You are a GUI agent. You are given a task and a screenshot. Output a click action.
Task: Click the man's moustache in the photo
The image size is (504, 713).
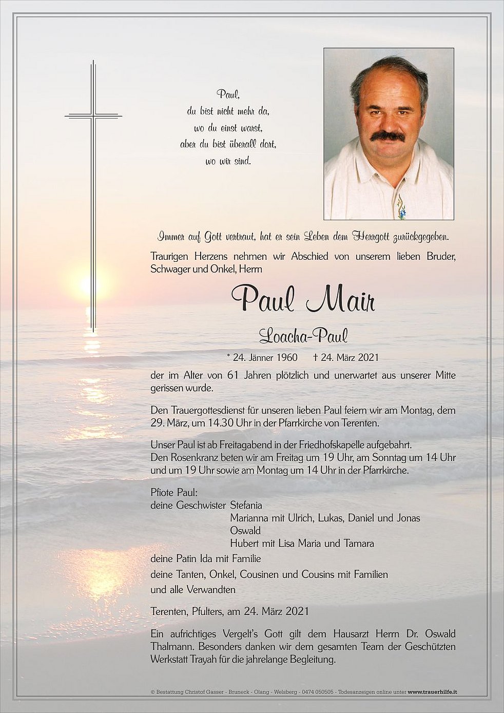388,136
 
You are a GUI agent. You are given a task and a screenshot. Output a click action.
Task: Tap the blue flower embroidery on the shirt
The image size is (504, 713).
401,208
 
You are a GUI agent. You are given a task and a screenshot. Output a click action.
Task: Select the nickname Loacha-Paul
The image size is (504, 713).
303,336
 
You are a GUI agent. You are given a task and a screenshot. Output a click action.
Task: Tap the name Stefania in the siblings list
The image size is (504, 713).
246,505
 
